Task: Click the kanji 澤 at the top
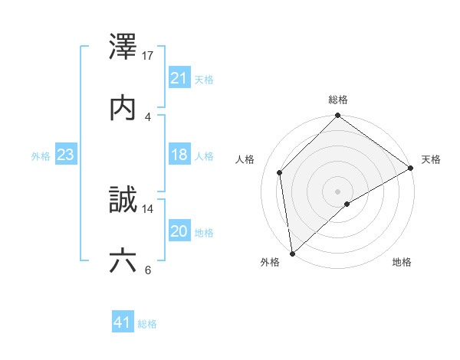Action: coord(123,47)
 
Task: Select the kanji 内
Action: coord(123,107)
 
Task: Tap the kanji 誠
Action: coord(123,199)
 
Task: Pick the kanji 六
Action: coord(123,261)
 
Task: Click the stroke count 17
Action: coord(149,56)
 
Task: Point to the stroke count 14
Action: coord(149,208)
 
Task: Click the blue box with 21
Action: coord(179,77)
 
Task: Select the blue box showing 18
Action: coord(179,155)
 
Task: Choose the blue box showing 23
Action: coord(66,155)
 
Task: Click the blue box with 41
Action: coord(123,322)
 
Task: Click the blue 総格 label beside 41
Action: coord(147,324)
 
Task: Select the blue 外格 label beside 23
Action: coord(41,156)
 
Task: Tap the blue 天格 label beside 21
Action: coord(204,79)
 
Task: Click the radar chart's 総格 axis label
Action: coord(338,100)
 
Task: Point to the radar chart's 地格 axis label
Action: coord(402,262)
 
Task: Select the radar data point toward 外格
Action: coord(292,254)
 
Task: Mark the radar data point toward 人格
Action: coord(280,172)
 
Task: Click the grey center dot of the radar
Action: coord(338,191)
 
